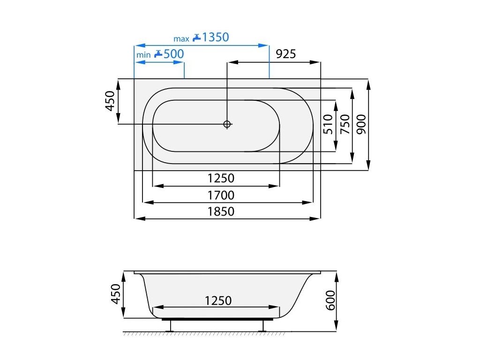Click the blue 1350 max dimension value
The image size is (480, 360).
[x=216, y=37]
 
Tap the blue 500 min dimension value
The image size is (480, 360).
[x=173, y=54]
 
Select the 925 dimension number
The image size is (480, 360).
[x=286, y=54]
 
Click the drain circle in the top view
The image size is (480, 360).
[x=227, y=124]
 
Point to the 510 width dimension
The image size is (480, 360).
[x=328, y=124]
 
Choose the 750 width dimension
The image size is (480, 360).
[x=345, y=124]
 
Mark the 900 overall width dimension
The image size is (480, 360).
[x=361, y=124]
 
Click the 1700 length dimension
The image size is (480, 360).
[x=221, y=195]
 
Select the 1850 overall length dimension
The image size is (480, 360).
[x=221, y=211]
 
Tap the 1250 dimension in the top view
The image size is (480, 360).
[x=221, y=178]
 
